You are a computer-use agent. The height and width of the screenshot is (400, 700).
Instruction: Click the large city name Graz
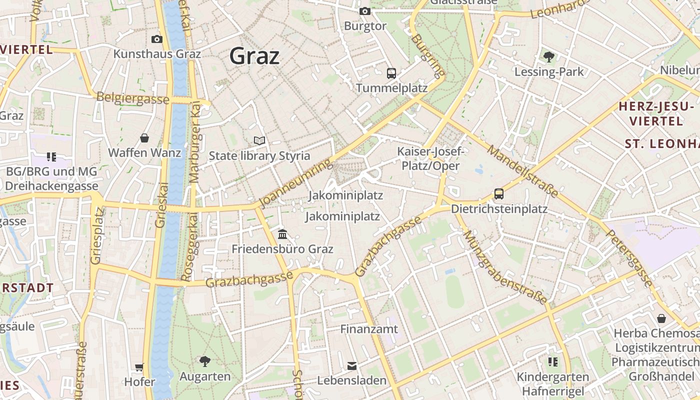tap(254, 56)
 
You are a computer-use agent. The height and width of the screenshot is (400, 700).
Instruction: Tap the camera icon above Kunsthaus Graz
tap(156, 39)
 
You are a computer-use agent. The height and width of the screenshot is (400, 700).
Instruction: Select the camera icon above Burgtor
tap(365, 11)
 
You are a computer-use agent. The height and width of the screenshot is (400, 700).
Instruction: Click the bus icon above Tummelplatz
tap(391, 73)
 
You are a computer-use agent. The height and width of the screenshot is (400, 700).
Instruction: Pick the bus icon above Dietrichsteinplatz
tap(498, 194)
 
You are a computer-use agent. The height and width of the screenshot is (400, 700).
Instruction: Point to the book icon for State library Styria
tap(259, 141)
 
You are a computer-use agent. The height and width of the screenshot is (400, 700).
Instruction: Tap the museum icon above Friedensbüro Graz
tap(282, 234)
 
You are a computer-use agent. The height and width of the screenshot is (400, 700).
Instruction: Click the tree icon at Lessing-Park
tap(549, 57)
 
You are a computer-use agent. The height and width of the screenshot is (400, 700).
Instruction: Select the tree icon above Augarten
tap(204, 361)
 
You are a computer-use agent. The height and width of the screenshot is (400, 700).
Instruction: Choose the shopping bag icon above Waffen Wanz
tap(144, 138)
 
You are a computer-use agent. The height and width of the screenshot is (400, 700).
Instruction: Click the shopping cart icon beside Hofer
tap(139, 367)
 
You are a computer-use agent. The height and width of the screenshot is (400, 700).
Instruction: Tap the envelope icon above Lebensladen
tap(352, 365)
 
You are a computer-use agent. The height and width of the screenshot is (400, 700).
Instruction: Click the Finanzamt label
tap(369, 329)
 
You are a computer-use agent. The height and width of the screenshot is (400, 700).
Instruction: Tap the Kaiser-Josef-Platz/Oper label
tap(430, 158)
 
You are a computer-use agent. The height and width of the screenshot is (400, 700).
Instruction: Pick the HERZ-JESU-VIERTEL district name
tap(656, 113)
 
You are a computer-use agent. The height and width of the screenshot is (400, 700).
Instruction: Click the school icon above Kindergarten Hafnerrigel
tap(552, 361)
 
